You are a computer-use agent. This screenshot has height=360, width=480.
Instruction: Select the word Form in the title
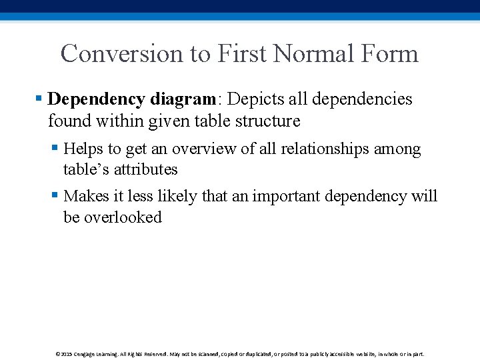(x=393, y=53)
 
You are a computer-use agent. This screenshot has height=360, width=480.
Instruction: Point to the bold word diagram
(x=183, y=100)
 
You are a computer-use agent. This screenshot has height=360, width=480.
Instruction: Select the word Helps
(x=83, y=148)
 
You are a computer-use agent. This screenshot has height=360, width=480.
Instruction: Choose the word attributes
(x=145, y=169)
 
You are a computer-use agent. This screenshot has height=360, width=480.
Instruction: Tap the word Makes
(x=85, y=196)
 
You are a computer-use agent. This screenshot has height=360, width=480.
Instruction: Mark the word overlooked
(x=122, y=217)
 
